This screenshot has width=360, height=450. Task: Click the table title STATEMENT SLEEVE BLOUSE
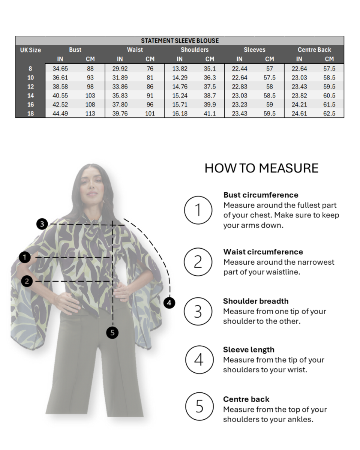(x=180, y=40)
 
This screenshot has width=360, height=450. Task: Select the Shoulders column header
(x=195, y=50)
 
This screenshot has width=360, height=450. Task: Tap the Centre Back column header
(x=314, y=50)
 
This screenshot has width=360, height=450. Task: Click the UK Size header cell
(x=30, y=50)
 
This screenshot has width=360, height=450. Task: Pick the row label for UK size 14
(x=30, y=96)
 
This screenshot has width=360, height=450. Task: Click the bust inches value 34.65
(x=60, y=69)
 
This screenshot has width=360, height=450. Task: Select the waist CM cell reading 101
(x=150, y=114)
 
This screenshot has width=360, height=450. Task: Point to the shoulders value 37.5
(x=210, y=87)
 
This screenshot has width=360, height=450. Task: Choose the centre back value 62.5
(x=329, y=114)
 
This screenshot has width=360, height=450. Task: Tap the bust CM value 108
(x=90, y=105)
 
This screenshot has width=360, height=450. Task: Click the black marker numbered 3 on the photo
(x=42, y=224)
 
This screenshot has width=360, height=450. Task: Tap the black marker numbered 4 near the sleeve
(x=169, y=303)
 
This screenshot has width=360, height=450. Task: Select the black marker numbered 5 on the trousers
(x=112, y=333)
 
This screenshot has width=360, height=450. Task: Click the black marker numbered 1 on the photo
(x=25, y=257)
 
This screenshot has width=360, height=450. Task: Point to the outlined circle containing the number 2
(x=198, y=262)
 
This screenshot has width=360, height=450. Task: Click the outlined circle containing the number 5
(x=199, y=406)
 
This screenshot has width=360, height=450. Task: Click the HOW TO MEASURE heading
(x=261, y=168)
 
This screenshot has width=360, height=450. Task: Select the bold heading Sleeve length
(x=249, y=349)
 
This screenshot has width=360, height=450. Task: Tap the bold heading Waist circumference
(x=263, y=252)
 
